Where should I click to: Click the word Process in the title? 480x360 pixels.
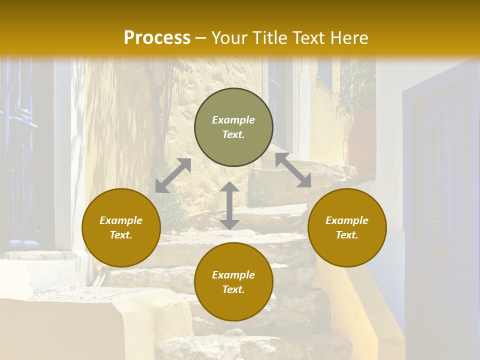coord(157,38)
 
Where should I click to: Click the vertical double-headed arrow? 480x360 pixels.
coord(229,205)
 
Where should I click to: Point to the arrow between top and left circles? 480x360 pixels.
coord(173,175)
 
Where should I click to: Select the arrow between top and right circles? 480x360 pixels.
coord(293,170)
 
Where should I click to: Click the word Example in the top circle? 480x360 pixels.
coord(233,120)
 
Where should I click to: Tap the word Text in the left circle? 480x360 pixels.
coord(121,235)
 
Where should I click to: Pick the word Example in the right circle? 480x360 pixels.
coord(347,220)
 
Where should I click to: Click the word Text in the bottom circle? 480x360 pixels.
coord(233,289)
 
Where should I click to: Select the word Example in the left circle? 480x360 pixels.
coord(121,220)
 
